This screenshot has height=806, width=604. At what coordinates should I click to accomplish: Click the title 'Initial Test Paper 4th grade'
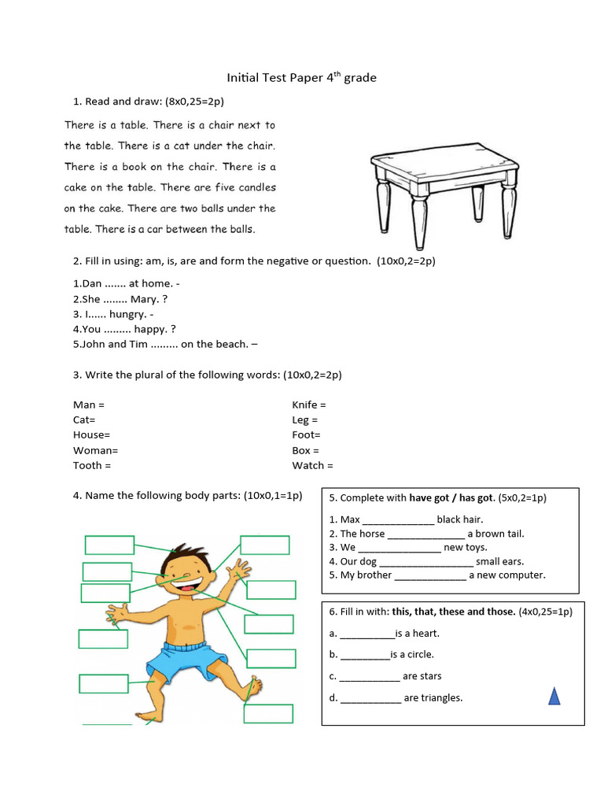[x=302, y=77]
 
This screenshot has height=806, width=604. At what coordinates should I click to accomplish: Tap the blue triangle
[x=554, y=695]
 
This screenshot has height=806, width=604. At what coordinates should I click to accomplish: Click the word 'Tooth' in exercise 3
[x=88, y=465]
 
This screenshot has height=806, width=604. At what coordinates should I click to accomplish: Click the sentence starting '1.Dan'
[x=130, y=283]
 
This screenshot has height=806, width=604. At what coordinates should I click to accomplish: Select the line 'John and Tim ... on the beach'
[x=165, y=344]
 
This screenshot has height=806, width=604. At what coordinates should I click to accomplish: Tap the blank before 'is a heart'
[x=366, y=634]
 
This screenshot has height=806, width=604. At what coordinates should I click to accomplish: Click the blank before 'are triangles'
[x=370, y=697]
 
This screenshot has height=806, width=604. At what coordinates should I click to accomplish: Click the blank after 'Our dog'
[x=426, y=561]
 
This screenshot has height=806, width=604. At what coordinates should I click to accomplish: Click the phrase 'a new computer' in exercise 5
[x=507, y=575]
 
